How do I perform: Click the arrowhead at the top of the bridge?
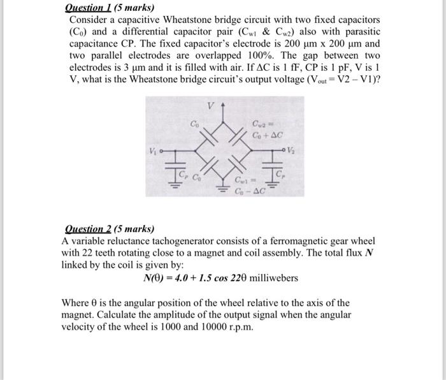click(x=223, y=105)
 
